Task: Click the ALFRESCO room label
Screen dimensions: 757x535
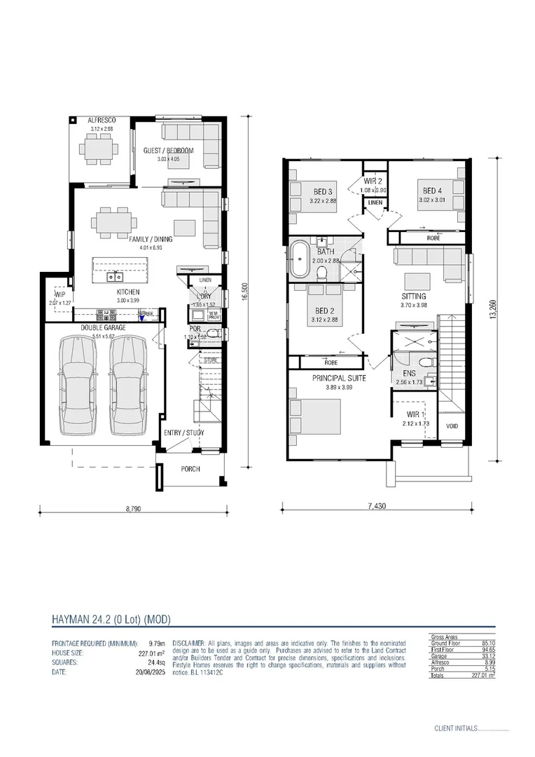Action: click(x=102, y=121)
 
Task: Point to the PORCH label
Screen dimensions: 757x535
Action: click(x=190, y=469)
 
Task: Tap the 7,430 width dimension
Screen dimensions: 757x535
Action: click(x=377, y=505)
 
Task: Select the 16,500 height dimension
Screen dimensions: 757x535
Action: click(x=244, y=291)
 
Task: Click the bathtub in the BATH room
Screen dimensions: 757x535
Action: click(x=299, y=260)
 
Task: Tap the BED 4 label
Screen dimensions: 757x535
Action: click(x=432, y=190)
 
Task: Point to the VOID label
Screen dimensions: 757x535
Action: click(x=452, y=425)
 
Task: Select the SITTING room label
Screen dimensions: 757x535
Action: click(x=414, y=296)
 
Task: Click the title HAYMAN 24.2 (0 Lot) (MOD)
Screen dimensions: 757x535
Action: click(x=111, y=619)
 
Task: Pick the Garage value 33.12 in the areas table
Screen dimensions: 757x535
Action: click(x=487, y=656)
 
